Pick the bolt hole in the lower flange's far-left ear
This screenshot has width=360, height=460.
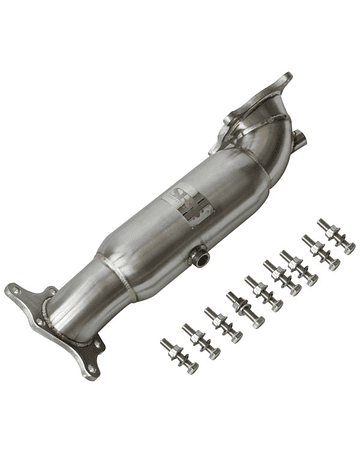(x=12, y=293)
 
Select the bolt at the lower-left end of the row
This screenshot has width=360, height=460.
(x=178, y=355)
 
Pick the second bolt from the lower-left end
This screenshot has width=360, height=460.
(x=199, y=341)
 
